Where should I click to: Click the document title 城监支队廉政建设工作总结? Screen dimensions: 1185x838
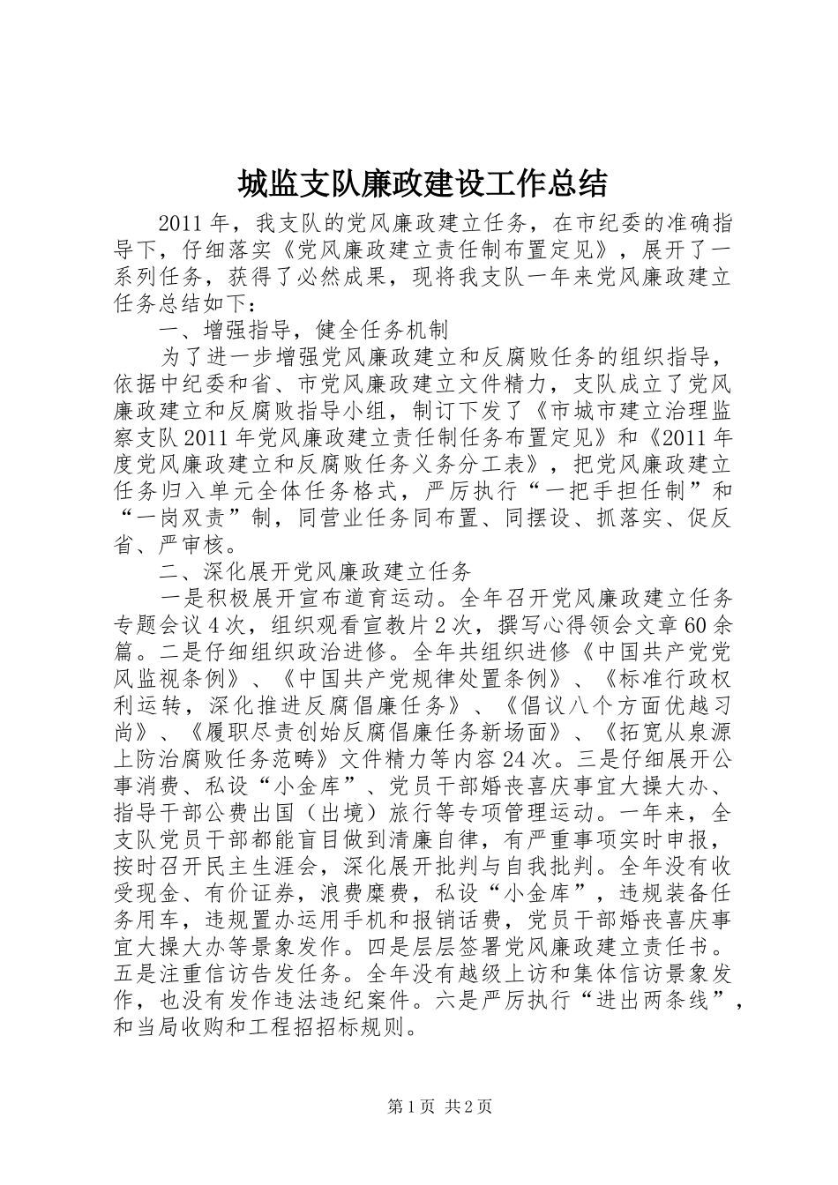click(422, 183)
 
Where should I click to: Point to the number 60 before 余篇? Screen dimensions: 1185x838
click(697, 626)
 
